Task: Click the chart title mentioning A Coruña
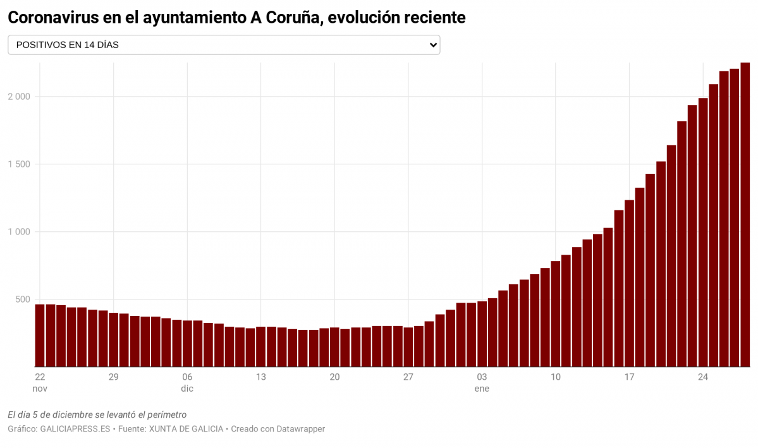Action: click(236, 18)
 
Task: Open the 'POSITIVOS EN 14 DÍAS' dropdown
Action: click(223, 45)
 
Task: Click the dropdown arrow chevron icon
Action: click(433, 45)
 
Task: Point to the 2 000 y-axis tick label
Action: click(19, 97)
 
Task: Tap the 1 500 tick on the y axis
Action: click(19, 164)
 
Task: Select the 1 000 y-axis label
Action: click(19, 232)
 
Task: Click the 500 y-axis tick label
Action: click(22, 300)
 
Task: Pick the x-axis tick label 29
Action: click(114, 377)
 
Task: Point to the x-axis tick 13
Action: click(261, 377)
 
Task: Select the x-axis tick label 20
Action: click(334, 377)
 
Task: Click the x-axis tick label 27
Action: click(408, 377)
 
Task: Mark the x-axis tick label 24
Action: click(703, 377)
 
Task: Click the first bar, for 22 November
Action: click(40, 336)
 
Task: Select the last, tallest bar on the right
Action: click(745, 215)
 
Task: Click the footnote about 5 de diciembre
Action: click(97, 415)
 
